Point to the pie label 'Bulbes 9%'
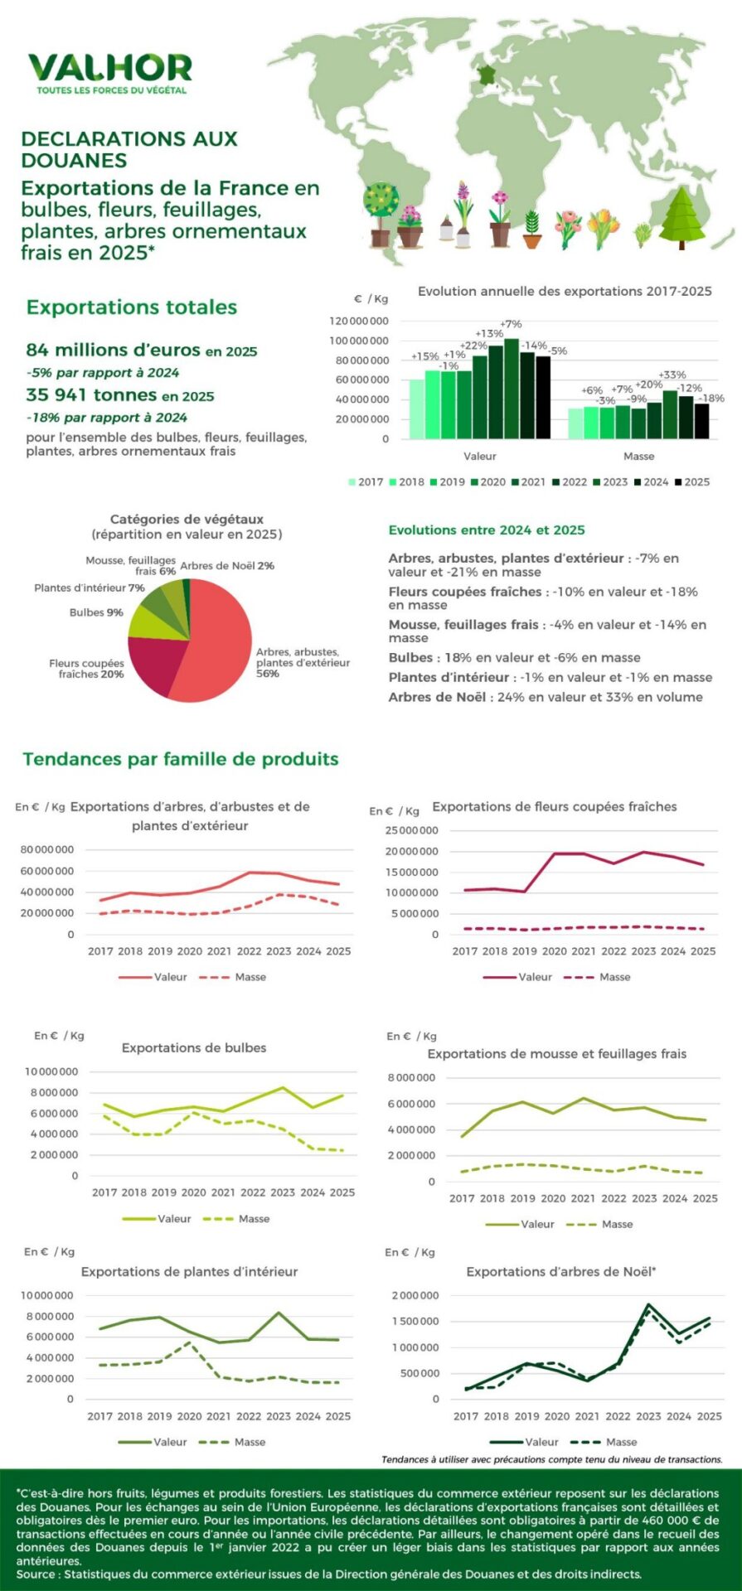point(96,612)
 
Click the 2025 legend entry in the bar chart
point(691,481)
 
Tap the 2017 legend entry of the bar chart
point(365,481)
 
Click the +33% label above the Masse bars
point(672,375)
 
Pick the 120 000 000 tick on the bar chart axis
point(359,321)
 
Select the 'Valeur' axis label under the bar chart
point(479,456)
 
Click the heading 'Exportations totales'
point(132,307)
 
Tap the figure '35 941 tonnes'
point(91,395)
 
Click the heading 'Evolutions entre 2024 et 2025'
point(487,530)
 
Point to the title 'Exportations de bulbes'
point(194,1047)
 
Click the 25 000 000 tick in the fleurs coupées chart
point(412,830)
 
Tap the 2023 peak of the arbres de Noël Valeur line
point(648,1304)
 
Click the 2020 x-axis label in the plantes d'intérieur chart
point(189,1416)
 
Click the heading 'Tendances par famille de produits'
point(181,759)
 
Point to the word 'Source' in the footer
point(34,1574)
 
